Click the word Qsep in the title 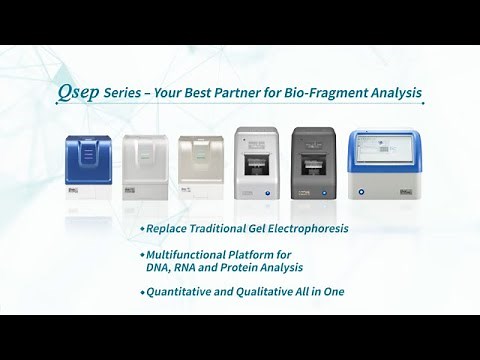coord(78,94)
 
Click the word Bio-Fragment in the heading coord(331,94)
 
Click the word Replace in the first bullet coord(171,229)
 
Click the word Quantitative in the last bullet coord(183,293)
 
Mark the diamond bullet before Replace coord(143,229)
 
